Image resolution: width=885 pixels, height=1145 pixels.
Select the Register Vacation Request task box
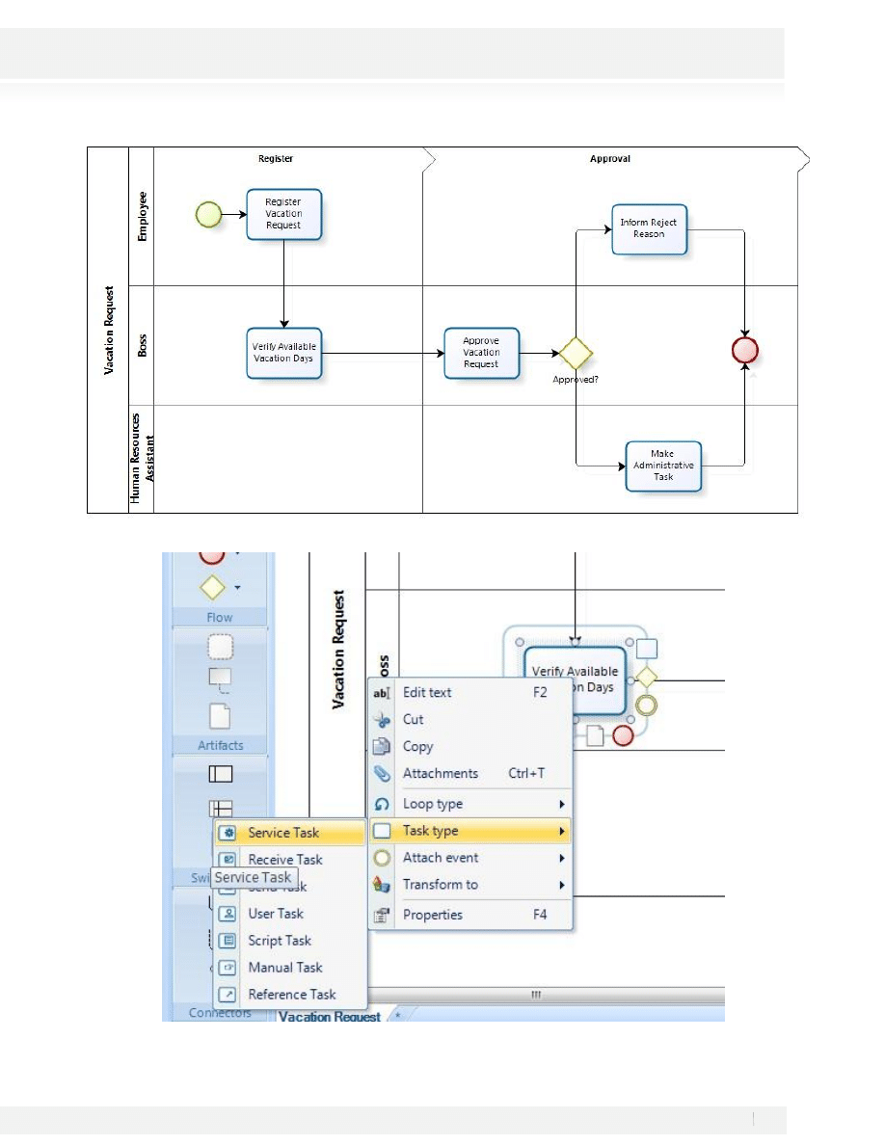(x=283, y=214)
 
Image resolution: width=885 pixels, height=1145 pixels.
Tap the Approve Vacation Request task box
(x=481, y=353)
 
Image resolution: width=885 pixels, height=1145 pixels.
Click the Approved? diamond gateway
(x=576, y=354)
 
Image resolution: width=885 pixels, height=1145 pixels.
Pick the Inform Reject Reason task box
(x=649, y=228)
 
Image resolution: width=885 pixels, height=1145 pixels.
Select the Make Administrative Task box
(x=662, y=466)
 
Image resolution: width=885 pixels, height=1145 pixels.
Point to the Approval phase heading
(x=610, y=159)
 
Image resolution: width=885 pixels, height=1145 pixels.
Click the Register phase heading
(x=275, y=159)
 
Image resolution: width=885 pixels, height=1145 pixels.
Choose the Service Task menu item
(x=283, y=833)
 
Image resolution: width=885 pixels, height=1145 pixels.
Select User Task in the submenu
(x=276, y=914)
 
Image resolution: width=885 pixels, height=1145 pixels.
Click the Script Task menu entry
(x=280, y=941)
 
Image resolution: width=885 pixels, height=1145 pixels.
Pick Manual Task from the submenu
(x=284, y=968)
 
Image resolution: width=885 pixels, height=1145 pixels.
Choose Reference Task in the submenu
(x=292, y=995)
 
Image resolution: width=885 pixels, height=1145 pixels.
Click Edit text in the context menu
(x=427, y=692)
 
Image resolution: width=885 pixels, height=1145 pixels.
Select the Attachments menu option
(x=441, y=773)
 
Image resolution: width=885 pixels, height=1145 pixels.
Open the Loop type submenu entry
(x=433, y=804)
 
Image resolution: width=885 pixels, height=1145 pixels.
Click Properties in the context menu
(x=433, y=915)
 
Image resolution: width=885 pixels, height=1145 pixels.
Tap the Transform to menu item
(x=441, y=885)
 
